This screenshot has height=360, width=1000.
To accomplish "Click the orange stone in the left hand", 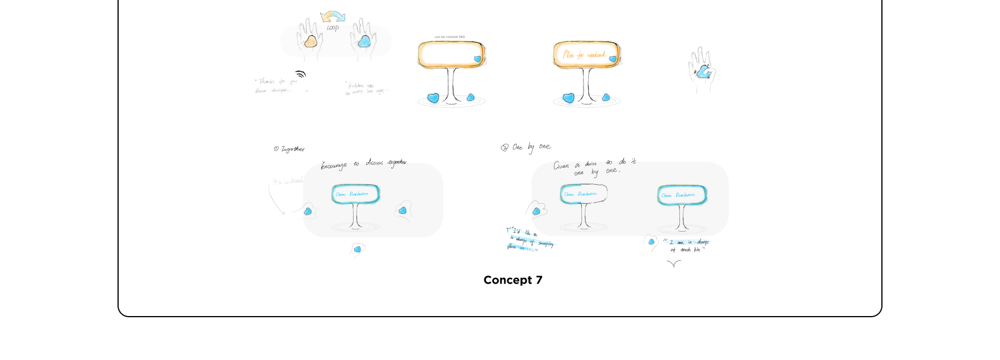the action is tap(310, 42).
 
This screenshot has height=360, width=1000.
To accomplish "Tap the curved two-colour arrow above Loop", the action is tap(333, 17).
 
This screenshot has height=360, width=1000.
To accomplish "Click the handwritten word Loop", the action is tap(333, 27).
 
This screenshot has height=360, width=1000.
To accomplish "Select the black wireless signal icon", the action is tap(301, 74).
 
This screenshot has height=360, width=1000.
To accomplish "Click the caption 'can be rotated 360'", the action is tap(450, 37).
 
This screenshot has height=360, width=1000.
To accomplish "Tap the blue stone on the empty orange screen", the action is tap(477, 58).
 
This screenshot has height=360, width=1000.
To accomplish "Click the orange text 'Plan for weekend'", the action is tap(584, 55).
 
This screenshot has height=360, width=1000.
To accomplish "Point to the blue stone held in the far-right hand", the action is tap(703, 71).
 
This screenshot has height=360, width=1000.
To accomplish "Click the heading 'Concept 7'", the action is tap(513, 280).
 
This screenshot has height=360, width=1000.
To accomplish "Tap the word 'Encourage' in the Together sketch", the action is tap(334, 165).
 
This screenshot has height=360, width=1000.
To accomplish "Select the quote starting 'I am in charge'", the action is tap(687, 246).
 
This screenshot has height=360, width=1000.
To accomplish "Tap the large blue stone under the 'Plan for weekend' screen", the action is tap(568, 98).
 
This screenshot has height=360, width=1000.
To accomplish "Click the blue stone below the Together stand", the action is tap(358, 249).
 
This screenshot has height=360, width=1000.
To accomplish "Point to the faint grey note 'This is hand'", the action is tap(287, 181).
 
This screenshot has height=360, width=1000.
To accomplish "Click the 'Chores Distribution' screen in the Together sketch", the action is tap(355, 194).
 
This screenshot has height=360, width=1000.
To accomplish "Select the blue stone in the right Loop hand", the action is tap(364, 42).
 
